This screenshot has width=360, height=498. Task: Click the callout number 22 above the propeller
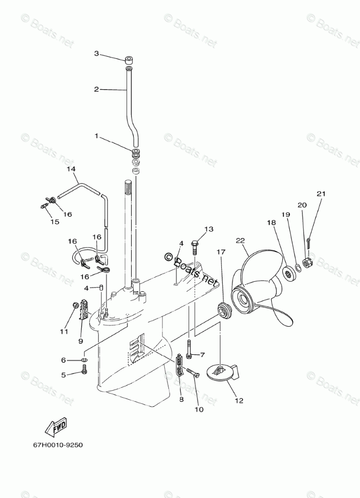point(239,240)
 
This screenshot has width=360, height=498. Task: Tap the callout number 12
point(238,401)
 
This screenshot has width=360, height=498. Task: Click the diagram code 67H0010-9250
point(58,445)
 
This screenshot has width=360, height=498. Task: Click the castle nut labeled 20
point(308,262)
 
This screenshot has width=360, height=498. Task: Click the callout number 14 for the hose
point(71,169)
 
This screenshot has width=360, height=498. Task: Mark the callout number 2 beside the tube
point(96,89)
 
